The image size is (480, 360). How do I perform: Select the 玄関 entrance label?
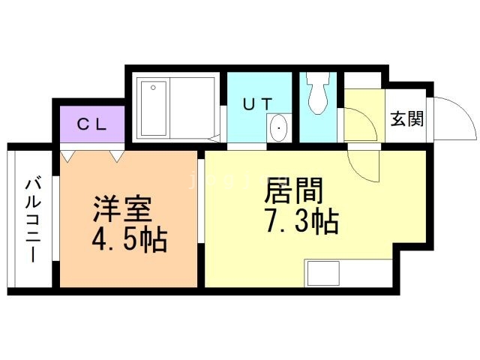click(406, 119)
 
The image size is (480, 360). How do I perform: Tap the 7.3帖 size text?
click(301, 222)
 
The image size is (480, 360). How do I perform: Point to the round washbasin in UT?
click(279, 128)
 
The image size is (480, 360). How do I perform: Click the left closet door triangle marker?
click(69, 156)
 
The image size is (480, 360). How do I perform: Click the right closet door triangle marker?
click(116, 156)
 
